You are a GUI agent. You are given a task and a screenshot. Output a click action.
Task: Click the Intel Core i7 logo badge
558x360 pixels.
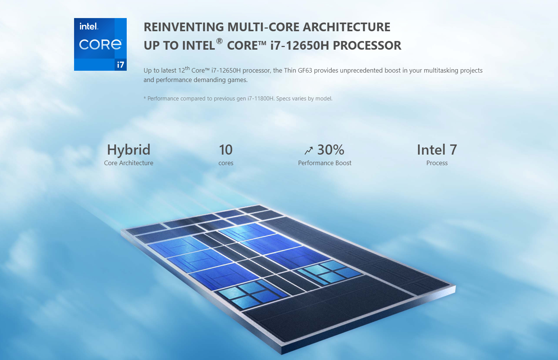pyautogui.click(x=100, y=44)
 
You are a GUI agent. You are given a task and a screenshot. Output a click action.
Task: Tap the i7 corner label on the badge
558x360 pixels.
pyautogui.click(x=121, y=65)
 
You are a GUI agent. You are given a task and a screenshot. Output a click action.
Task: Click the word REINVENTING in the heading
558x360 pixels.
pyautogui.click(x=184, y=27)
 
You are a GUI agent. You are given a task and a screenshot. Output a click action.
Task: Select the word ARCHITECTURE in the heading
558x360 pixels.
pyautogui.click(x=346, y=27)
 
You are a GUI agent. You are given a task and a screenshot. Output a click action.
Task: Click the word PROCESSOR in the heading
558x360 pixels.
pyautogui.click(x=367, y=46)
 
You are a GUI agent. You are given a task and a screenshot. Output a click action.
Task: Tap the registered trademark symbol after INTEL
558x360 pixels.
pyautogui.click(x=219, y=41)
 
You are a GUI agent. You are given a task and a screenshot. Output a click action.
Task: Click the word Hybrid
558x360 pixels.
pyautogui.click(x=129, y=150)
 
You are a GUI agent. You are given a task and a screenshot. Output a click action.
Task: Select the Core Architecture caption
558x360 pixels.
pyautogui.click(x=129, y=163)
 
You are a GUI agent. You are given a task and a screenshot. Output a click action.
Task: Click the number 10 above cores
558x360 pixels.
pyautogui.click(x=226, y=150)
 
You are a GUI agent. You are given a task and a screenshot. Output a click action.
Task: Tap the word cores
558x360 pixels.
pyautogui.click(x=226, y=163)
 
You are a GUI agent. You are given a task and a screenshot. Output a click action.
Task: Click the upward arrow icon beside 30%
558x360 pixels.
pyautogui.click(x=308, y=150)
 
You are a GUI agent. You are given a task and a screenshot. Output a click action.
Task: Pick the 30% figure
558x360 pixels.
pyautogui.click(x=331, y=150)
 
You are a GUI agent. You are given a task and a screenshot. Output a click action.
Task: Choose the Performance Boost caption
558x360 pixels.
pyautogui.click(x=324, y=163)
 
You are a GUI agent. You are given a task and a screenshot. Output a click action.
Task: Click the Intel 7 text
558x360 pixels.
pyautogui.click(x=437, y=150)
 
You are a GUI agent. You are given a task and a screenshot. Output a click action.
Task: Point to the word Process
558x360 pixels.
pyautogui.click(x=437, y=163)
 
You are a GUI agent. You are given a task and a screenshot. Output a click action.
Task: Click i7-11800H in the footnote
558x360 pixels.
pyautogui.click(x=261, y=99)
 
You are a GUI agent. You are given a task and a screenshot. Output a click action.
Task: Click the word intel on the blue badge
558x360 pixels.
pyautogui.click(x=89, y=26)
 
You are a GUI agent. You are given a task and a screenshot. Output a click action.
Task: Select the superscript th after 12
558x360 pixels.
pyautogui.click(x=187, y=68)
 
